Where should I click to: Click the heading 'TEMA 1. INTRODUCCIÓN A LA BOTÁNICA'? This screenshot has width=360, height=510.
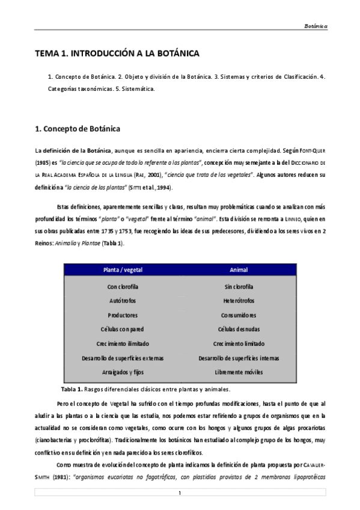point(117,54)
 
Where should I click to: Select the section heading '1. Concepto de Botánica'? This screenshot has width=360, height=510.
point(78,129)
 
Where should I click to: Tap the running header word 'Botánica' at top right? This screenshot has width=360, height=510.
point(315,27)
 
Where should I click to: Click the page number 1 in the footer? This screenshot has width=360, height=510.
point(180,493)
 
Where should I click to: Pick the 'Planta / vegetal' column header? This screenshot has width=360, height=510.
point(123,270)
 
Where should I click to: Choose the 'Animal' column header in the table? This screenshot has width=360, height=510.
point(239,270)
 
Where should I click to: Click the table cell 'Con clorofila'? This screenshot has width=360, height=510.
point(123,286)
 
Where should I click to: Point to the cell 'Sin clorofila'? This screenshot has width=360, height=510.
point(239,286)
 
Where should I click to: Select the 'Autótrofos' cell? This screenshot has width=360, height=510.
point(123,301)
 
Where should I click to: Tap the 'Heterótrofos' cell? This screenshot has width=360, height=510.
point(239,301)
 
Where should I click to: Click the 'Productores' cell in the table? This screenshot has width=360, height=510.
point(123,315)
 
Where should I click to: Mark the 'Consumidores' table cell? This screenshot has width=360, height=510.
point(239,315)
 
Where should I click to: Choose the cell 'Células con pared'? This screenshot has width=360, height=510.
point(123,330)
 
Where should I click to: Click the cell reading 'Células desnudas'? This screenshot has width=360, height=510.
point(239,330)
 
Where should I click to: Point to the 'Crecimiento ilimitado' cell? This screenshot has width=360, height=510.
point(123,343)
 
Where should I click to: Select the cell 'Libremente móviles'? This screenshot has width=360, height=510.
point(239,372)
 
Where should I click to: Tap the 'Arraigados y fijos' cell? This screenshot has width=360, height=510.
point(123,372)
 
